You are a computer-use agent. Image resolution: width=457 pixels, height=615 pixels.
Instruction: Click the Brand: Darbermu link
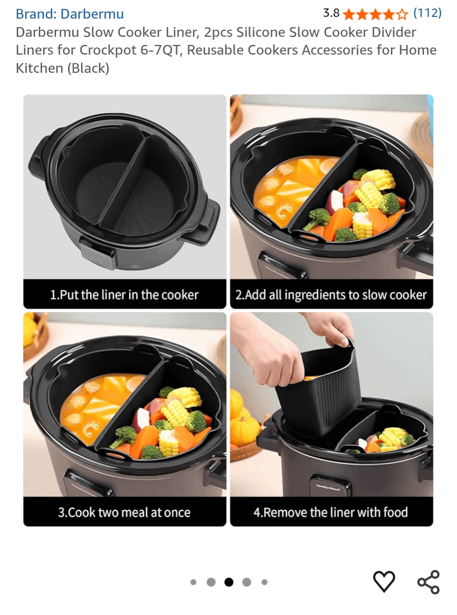69,14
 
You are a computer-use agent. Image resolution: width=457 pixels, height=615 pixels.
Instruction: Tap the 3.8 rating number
331,13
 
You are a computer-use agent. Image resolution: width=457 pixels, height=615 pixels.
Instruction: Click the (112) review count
427,13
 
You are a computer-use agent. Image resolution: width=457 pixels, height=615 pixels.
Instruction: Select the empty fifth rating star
402,14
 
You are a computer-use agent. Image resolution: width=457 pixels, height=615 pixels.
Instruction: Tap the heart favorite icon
384,581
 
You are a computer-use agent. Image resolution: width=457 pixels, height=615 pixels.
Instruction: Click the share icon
428,582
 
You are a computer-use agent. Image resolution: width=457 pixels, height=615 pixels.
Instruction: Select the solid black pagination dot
229,582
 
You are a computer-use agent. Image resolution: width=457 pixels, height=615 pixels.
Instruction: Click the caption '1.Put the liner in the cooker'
124,295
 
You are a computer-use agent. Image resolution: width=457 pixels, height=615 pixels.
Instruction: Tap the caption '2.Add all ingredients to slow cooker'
331,295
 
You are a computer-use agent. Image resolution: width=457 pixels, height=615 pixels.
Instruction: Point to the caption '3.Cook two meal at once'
124,513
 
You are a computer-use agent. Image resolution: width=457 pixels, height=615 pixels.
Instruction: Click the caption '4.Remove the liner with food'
330,512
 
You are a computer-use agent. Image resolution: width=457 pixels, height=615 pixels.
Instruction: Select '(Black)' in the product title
88,68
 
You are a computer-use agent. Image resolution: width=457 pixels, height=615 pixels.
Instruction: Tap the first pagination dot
193,582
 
